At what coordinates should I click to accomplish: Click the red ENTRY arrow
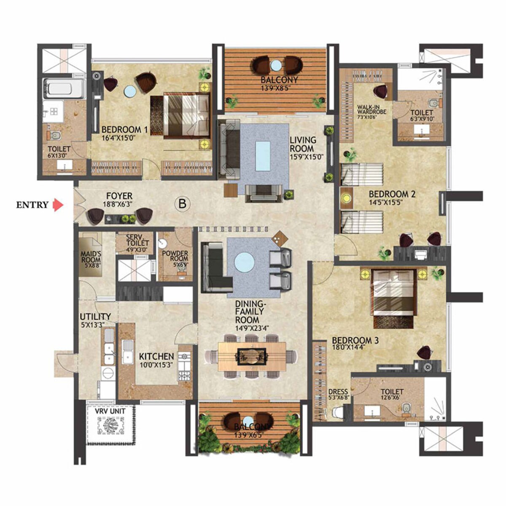click(x=58, y=205)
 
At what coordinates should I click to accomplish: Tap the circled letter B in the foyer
click(x=182, y=204)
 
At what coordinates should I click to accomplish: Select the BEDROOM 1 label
click(x=118, y=129)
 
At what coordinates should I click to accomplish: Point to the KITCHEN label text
click(x=156, y=357)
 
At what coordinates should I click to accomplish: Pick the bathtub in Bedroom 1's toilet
click(x=65, y=88)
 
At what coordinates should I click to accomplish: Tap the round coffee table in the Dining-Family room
click(x=245, y=262)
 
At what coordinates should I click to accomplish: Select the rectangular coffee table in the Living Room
click(x=263, y=156)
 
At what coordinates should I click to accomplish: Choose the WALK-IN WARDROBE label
click(x=369, y=109)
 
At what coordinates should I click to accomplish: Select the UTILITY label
click(x=95, y=316)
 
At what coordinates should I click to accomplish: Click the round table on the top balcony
click(x=276, y=66)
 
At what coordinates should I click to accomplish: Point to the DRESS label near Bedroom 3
click(x=338, y=392)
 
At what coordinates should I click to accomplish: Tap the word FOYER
click(x=119, y=196)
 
